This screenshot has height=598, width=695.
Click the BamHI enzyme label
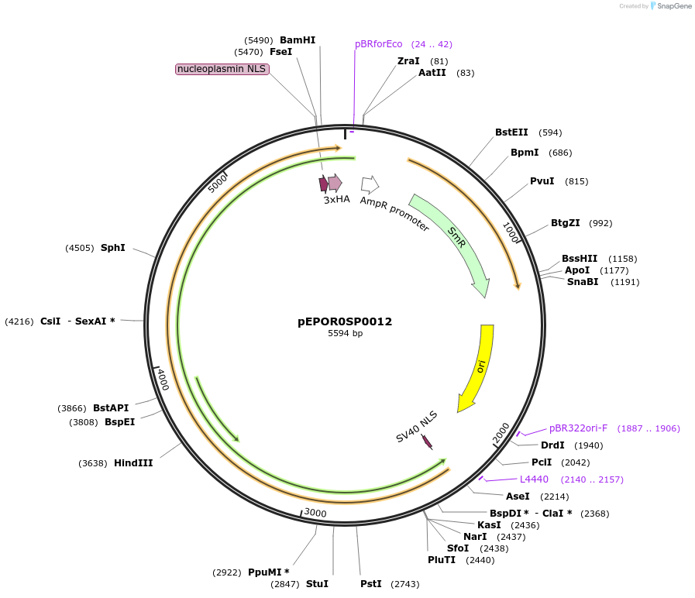coord(298,40)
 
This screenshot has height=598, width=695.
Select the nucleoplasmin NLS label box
coord(222,69)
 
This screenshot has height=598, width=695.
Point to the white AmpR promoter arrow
coord(370,184)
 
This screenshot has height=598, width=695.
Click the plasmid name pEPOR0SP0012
coord(345,321)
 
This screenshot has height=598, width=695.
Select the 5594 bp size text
coord(345,334)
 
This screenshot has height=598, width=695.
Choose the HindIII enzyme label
coord(133,463)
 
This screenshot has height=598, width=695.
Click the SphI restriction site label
coord(113,248)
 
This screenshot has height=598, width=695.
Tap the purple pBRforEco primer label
coord(379,44)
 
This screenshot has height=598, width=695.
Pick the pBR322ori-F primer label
coord(579,428)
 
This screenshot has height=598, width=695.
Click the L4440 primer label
coord(534,479)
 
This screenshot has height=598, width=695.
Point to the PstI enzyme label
coord(371,584)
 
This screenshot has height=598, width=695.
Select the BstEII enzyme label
coord(511,132)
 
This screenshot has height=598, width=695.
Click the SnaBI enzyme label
coord(583,282)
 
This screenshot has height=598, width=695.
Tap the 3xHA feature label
coord(337,200)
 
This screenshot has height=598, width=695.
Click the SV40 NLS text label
coord(417,427)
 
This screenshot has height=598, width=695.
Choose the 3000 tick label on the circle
coord(315,513)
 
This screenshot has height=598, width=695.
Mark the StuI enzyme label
coord(317,584)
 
